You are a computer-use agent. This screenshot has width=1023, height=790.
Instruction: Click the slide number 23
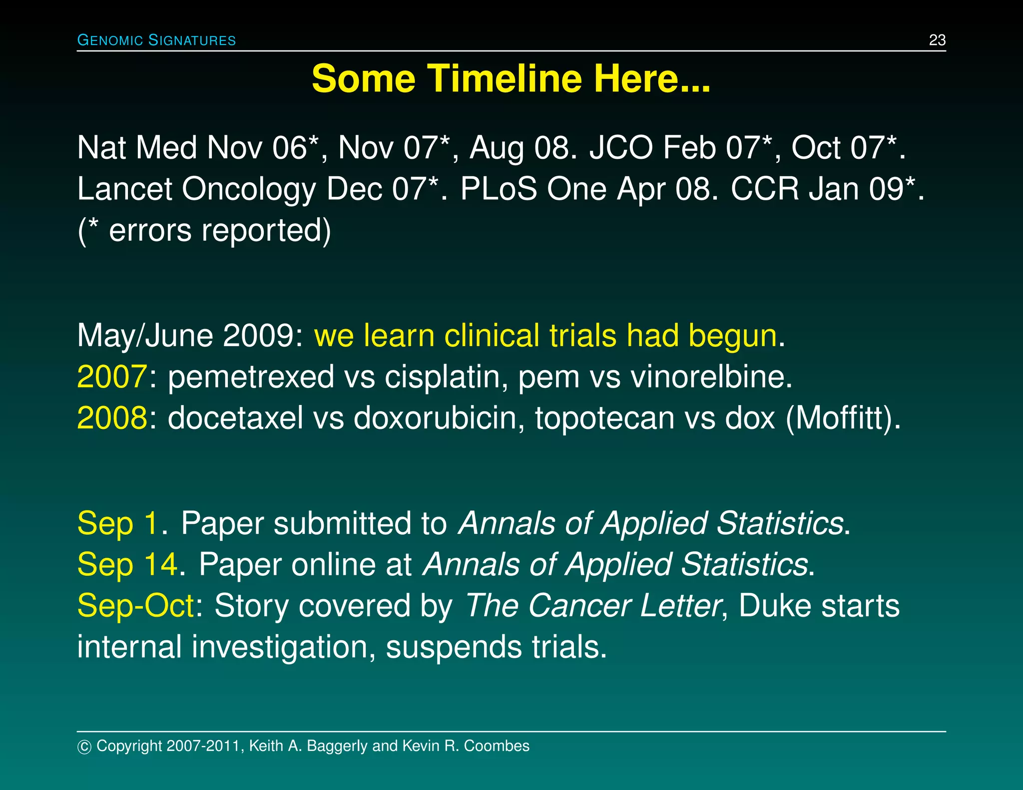(x=937, y=40)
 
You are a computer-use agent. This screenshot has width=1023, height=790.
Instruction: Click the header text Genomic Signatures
(x=156, y=40)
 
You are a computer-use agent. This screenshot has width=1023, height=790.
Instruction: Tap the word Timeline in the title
(x=504, y=79)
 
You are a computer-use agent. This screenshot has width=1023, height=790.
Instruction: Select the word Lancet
(x=124, y=189)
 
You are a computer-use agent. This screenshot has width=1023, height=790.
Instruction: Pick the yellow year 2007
(x=112, y=377)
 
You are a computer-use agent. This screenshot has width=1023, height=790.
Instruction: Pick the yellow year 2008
(x=112, y=418)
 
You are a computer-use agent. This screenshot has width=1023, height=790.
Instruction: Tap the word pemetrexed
(x=251, y=378)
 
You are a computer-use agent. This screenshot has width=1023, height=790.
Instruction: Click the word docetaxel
(x=235, y=418)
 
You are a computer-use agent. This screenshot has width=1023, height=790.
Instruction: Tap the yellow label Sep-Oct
(x=135, y=606)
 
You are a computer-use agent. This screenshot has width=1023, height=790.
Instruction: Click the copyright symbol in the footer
(x=84, y=747)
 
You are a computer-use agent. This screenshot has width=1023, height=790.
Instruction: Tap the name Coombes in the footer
(x=496, y=746)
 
